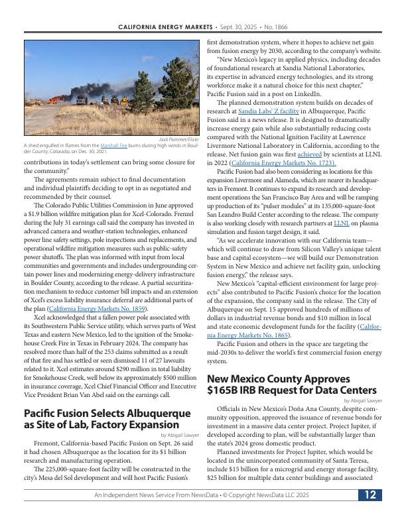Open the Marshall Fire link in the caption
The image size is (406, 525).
[109, 145]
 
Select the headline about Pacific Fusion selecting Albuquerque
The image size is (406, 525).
[107, 418]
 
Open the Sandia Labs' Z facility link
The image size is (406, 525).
[259, 111]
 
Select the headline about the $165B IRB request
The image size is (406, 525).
[292, 384]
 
